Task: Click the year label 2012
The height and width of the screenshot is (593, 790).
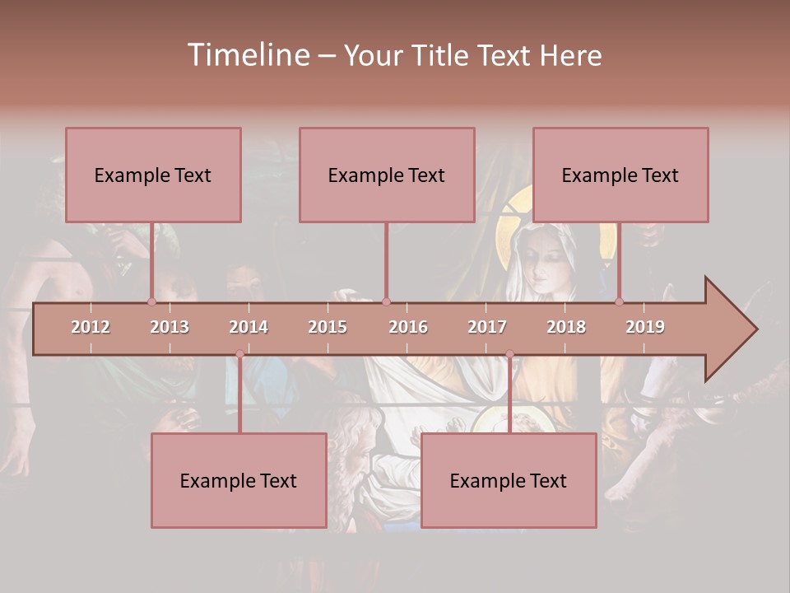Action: click(x=91, y=327)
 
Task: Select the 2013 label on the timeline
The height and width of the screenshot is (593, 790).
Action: click(x=170, y=327)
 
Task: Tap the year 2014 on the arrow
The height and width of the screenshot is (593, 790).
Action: click(x=249, y=327)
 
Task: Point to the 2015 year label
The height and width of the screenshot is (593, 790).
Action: click(x=328, y=327)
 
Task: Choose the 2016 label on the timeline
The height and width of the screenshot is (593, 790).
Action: click(x=408, y=327)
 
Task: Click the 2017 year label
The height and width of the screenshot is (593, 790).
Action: click(x=487, y=327)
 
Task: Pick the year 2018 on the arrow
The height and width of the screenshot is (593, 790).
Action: click(x=566, y=327)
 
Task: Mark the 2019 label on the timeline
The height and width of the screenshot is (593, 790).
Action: click(x=645, y=327)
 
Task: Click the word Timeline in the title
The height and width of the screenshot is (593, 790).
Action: click(x=248, y=55)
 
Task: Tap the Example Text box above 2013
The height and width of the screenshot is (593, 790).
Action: click(x=153, y=175)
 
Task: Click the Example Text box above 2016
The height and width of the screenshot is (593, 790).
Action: click(x=387, y=175)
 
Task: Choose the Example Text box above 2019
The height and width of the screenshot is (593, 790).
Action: click(x=620, y=175)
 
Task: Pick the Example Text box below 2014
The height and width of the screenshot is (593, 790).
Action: click(x=239, y=480)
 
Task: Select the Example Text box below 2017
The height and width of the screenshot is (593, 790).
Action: click(x=509, y=480)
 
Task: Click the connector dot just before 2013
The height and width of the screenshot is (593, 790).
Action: click(x=151, y=301)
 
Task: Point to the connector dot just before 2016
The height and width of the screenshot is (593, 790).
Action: click(x=386, y=301)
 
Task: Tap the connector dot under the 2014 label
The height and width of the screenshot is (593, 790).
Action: click(x=239, y=354)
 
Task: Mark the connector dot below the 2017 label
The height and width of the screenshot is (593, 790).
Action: click(x=509, y=354)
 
